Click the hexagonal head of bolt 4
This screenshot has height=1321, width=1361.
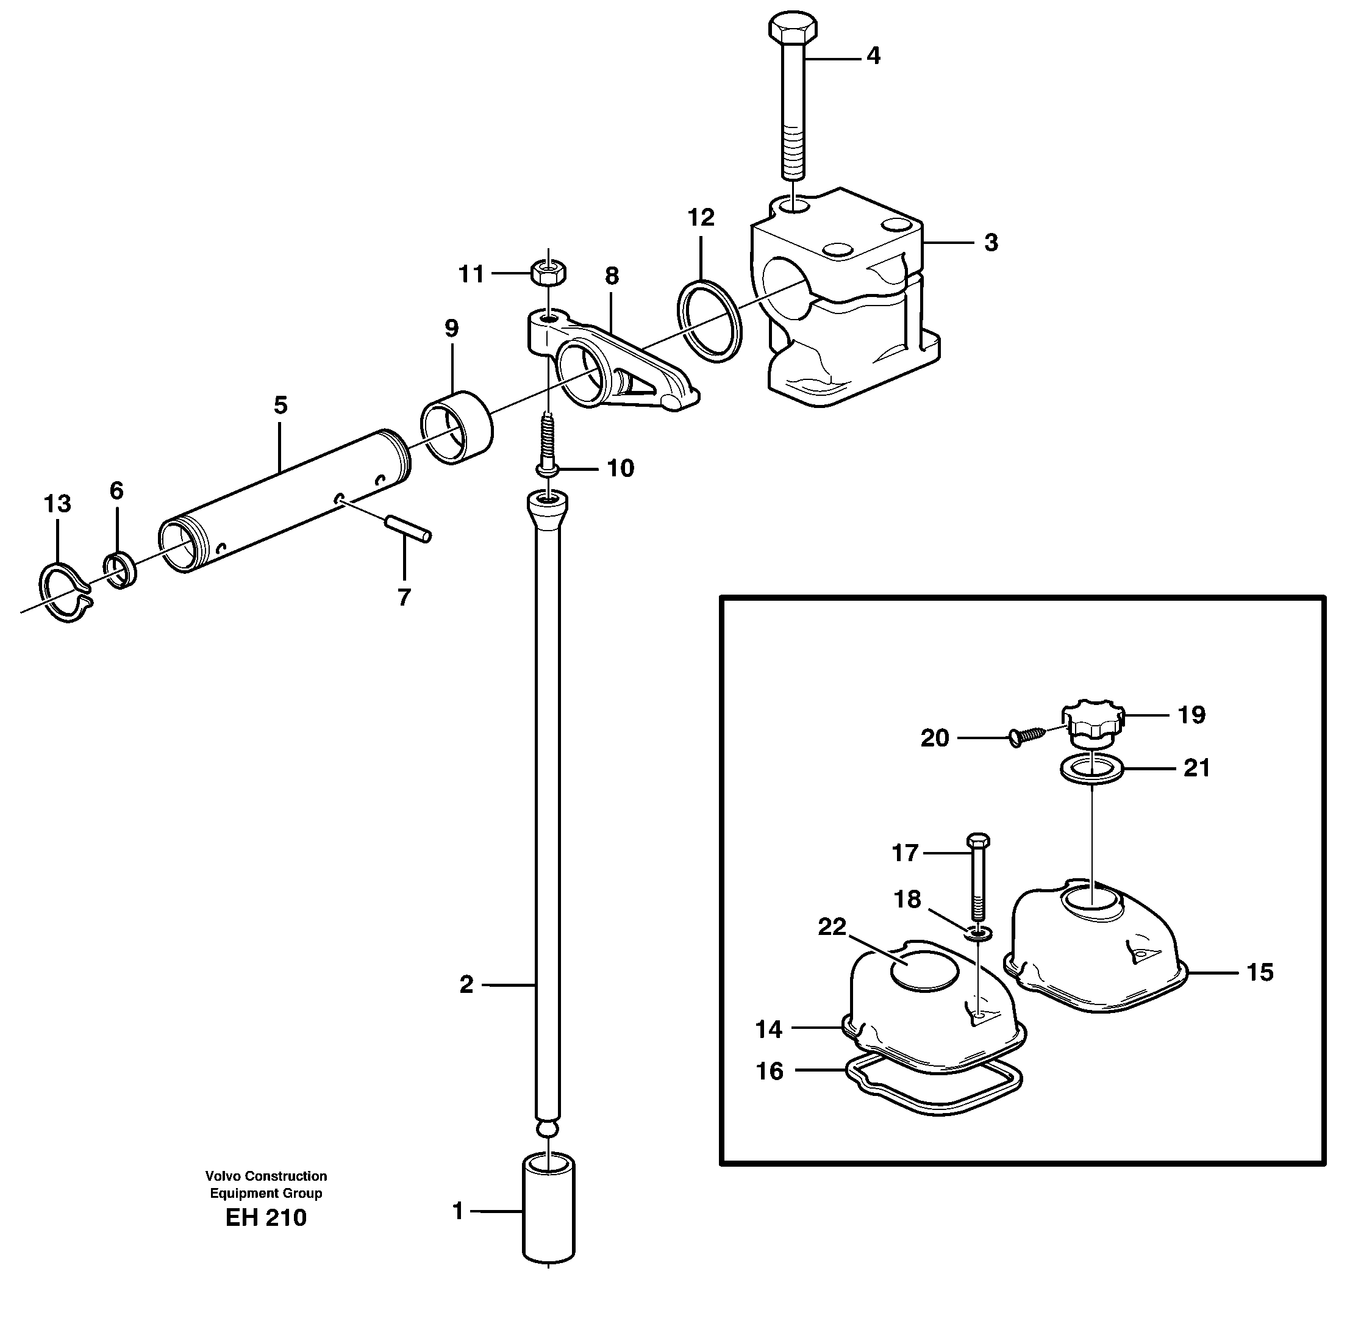click(792, 29)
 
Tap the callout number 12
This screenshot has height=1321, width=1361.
click(701, 218)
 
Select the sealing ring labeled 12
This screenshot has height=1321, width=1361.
click(709, 320)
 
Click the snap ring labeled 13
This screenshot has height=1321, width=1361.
click(65, 592)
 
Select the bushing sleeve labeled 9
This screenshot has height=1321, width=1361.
click(457, 427)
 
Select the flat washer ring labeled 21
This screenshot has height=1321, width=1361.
click(1091, 770)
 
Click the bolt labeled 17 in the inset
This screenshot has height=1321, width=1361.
click(977, 876)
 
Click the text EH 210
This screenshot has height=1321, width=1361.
click(266, 1217)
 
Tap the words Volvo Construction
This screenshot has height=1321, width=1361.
click(266, 1176)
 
